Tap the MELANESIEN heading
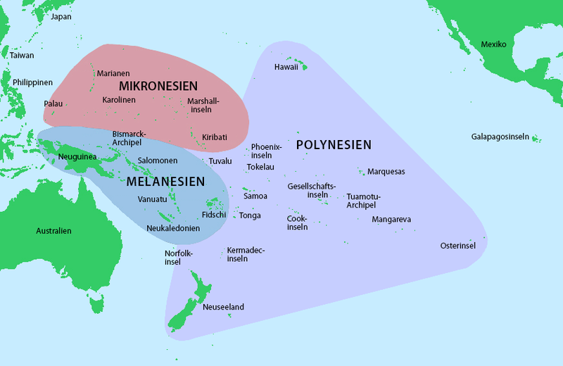click(166, 182)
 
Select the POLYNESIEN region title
click(333, 145)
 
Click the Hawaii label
click(286, 67)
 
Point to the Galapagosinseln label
click(500, 136)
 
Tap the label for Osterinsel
click(458, 246)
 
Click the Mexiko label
click(493, 44)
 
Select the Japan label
click(61, 17)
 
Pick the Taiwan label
click(22, 55)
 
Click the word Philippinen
click(33, 82)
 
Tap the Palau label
click(53, 103)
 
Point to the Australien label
click(54, 231)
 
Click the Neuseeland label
click(223, 308)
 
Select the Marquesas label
click(386, 172)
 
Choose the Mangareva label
click(392, 220)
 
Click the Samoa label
click(255, 196)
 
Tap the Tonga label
click(250, 215)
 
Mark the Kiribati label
click(215, 137)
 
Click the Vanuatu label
click(153, 199)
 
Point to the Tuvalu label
click(220, 161)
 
